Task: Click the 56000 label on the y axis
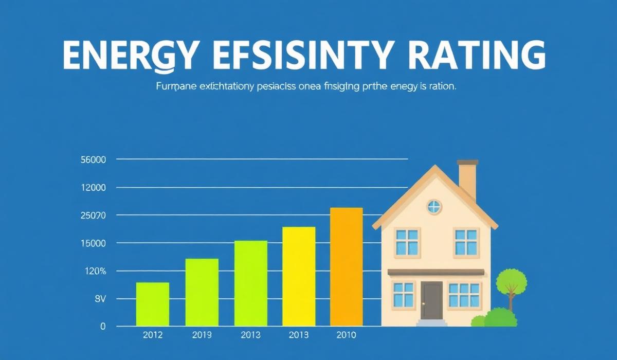coord(94,160)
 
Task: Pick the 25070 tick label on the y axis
coord(94,215)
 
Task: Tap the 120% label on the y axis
coord(94,271)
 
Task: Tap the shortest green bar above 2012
coord(153,304)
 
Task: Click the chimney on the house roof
coord(467,179)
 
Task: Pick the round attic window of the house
coord(434,207)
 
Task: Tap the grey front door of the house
coord(431,300)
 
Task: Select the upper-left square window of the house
coord(407,242)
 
